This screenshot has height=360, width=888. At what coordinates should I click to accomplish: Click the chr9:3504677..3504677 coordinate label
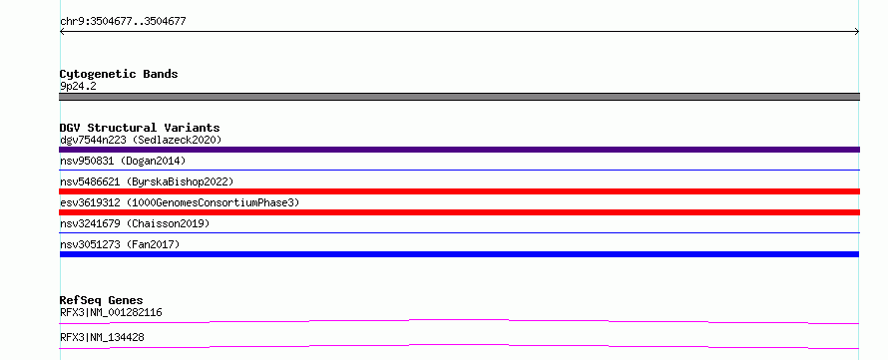pyautogui.click(x=123, y=22)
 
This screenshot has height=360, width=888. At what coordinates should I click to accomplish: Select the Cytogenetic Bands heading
pyautogui.click(x=119, y=74)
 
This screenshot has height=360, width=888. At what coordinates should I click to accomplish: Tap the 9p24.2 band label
pyautogui.click(x=78, y=86)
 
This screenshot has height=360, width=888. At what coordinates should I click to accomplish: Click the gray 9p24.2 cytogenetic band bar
pyautogui.click(x=459, y=97)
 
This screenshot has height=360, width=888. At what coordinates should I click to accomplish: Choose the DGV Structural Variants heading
pyautogui.click(x=140, y=128)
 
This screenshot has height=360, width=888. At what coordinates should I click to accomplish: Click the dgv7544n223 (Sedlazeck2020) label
pyautogui.click(x=141, y=140)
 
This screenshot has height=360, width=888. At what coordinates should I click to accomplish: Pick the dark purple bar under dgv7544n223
pyautogui.click(x=459, y=150)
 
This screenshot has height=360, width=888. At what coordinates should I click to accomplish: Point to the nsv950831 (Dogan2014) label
pyautogui.click(x=123, y=161)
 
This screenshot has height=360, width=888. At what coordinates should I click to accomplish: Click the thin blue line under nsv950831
pyautogui.click(x=459, y=170)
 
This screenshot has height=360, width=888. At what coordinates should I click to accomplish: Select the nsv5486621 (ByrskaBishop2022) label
pyautogui.click(x=147, y=181)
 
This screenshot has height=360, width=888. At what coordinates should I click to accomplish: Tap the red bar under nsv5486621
pyautogui.click(x=459, y=191)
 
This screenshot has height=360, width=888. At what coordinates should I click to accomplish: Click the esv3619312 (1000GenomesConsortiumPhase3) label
pyautogui.click(x=180, y=202)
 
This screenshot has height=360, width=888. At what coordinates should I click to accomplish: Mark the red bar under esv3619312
pyautogui.click(x=459, y=212)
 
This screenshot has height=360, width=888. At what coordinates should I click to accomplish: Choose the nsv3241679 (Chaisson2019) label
pyautogui.click(x=135, y=223)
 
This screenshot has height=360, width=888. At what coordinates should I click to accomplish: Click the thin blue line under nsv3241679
pyautogui.click(x=459, y=232)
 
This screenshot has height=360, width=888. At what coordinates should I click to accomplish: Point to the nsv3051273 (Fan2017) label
pyautogui.click(x=120, y=244)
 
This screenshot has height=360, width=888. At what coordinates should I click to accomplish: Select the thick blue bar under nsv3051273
pyautogui.click(x=459, y=254)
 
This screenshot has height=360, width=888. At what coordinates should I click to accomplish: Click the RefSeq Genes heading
pyautogui.click(x=102, y=300)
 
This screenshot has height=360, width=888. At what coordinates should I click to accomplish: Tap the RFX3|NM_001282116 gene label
pyautogui.click(x=111, y=312)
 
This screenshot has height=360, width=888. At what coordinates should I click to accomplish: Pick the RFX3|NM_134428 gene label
pyautogui.click(x=102, y=337)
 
